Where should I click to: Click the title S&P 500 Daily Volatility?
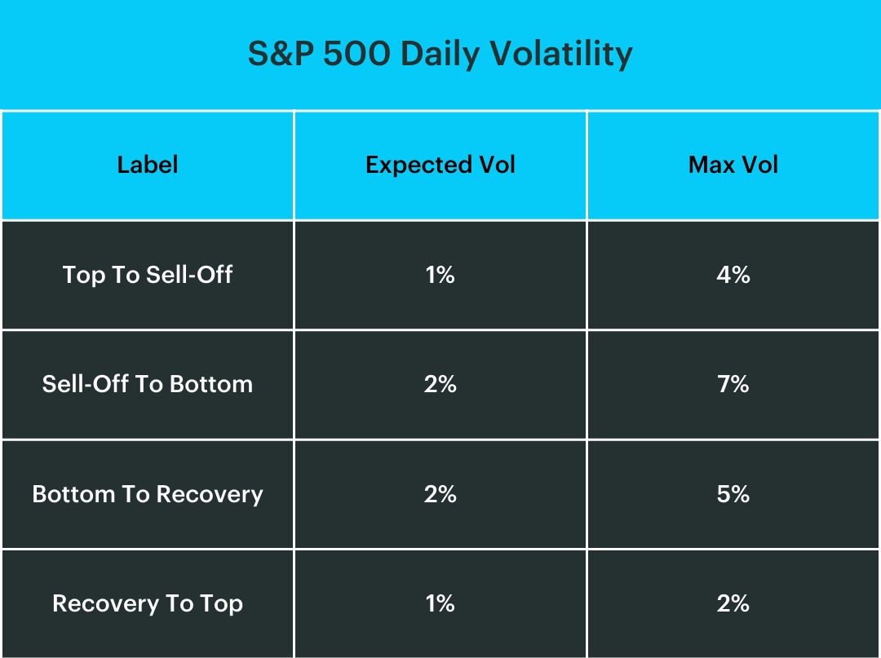click(x=440, y=54)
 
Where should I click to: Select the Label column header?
click(x=148, y=165)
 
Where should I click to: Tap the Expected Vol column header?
click(x=440, y=165)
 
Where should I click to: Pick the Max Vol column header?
click(x=733, y=165)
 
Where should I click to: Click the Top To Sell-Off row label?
click(x=148, y=275)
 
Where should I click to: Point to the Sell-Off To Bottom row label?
click(x=148, y=384)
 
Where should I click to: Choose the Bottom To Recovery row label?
click(x=148, y=494)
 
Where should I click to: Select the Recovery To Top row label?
click(x=148, y=603)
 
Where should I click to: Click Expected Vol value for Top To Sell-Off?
click(x=440, y=275)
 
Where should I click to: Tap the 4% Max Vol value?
click(x=733, y=275)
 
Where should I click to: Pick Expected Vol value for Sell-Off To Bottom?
click(x=440, y=384)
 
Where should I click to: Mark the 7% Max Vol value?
click(x=733, y=384)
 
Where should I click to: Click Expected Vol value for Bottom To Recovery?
click(x=440, y=494)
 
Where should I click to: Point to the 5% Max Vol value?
click(x=733, y=494)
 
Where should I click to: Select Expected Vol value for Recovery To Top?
click(x=440, y=603)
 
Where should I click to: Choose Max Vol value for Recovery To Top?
click(x=733, y=603)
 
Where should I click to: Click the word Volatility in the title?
click(x=561, y=54)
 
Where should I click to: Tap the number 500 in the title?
click(x=356, y=54)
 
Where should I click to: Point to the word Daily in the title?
click(x=440, y=54)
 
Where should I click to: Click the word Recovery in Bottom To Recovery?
click(x=210, y=494)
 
